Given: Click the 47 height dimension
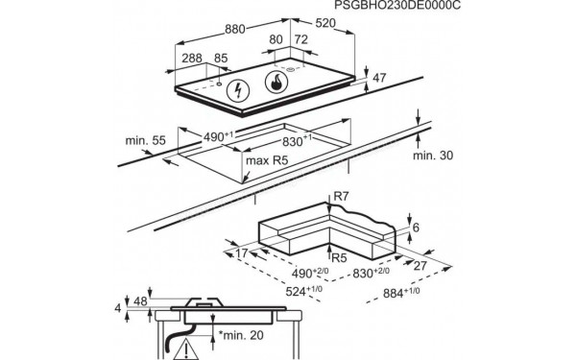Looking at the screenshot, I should tap(380, 78).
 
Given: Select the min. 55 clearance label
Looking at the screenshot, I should tap(145, 141).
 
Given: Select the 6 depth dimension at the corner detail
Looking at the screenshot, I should tap(414, 227).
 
